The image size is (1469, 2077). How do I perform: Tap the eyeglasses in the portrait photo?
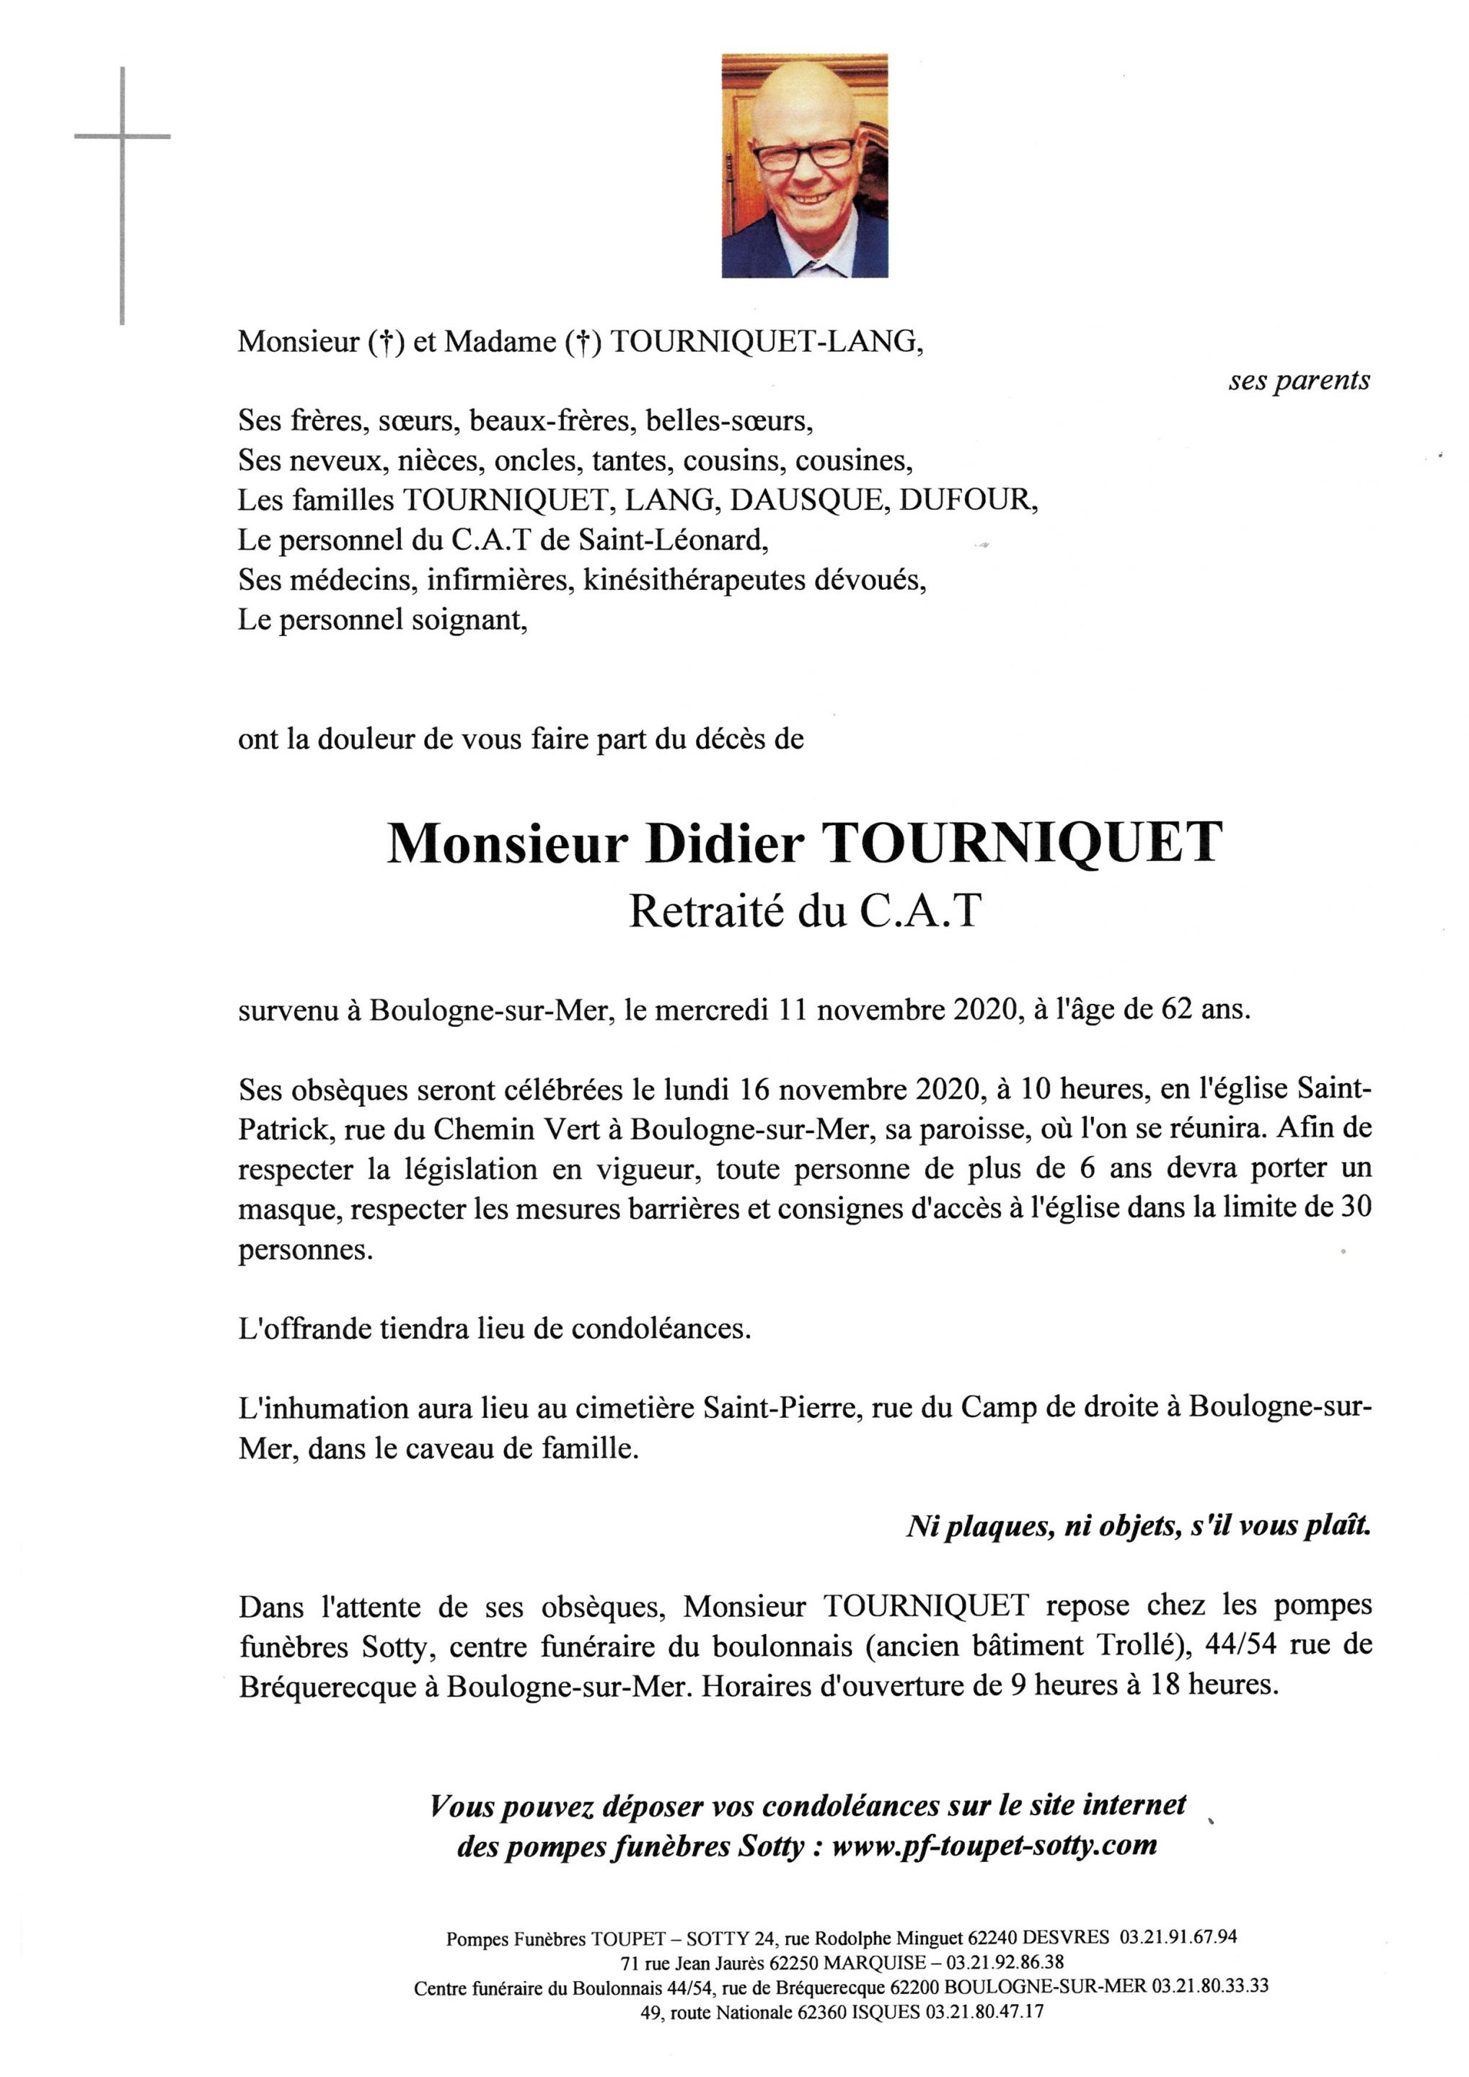point(804,152)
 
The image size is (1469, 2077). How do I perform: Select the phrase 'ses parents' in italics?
point(1298,381)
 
